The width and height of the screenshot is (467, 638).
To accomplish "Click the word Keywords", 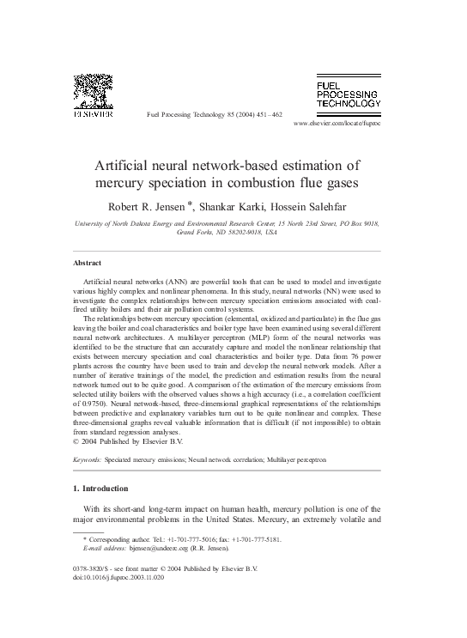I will [x=88, y=460].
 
